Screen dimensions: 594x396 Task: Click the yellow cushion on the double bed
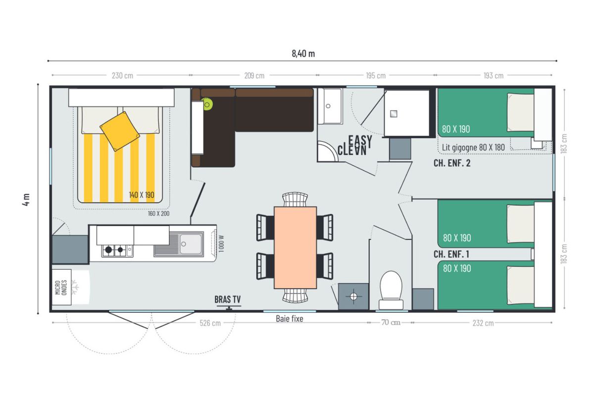[x=120, y=131]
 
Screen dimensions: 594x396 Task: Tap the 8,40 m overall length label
[x=303, y=53]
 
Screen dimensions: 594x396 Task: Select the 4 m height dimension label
[x=26, y=199]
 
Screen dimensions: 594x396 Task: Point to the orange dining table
[x=295, y=247]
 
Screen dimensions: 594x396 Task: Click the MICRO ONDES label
[x=61, y=287]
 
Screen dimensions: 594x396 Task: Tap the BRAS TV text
[x=228, y=299]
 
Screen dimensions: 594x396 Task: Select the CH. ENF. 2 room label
[x=452, y=163]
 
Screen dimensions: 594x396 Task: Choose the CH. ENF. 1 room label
[x=451, y=254]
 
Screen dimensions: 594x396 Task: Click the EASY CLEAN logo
[x=355, y=145]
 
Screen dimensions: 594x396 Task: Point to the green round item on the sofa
[x=207, y=104]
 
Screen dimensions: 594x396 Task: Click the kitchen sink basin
[x=191, y=244]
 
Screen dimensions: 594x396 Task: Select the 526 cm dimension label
[x=210, y=323]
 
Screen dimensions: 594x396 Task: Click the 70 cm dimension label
[x=391, y=322]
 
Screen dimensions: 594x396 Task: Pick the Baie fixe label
[x=289, y=319]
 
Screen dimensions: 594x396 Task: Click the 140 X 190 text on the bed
[x=142, y=195]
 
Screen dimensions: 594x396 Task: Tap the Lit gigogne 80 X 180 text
[x=473, y=148]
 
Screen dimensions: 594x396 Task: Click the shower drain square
[x=394, y=114]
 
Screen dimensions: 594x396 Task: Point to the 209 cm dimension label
[x=254, y=76]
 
